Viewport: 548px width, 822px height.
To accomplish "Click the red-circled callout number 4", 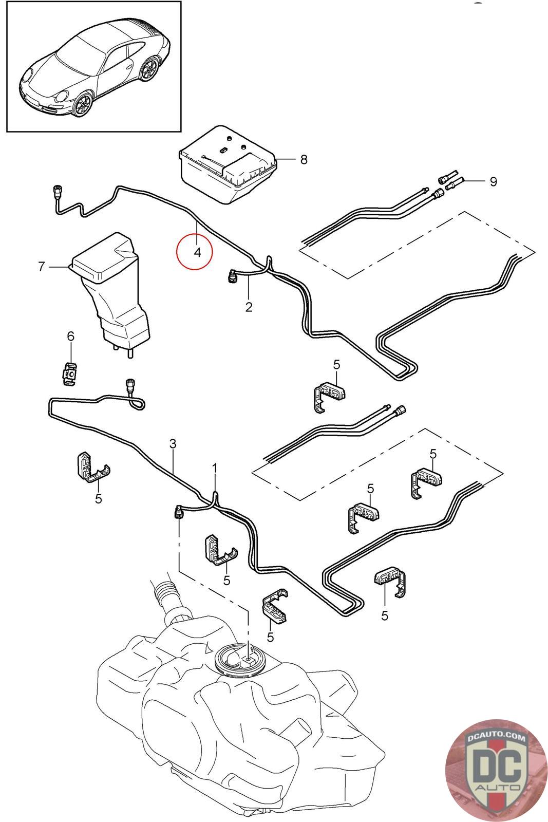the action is pos(197,252).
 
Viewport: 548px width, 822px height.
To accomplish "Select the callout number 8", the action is pos(304,160).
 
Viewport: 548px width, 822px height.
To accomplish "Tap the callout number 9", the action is pos(494,181).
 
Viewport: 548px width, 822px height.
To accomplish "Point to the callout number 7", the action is pos(42,267).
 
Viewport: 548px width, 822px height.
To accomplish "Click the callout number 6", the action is pos(71,336).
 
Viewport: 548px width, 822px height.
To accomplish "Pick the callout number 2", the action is pos(249,307).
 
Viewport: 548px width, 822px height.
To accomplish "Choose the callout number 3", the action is pos(173,444).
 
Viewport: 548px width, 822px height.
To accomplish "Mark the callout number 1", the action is pos(215,469).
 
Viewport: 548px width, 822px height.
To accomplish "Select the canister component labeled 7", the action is pos(110,293).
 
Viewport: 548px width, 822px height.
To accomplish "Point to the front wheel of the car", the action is pos(82,104).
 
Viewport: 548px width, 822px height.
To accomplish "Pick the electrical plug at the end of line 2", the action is pos(231,276).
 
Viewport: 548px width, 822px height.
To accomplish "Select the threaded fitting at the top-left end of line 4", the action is pos(57,191).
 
